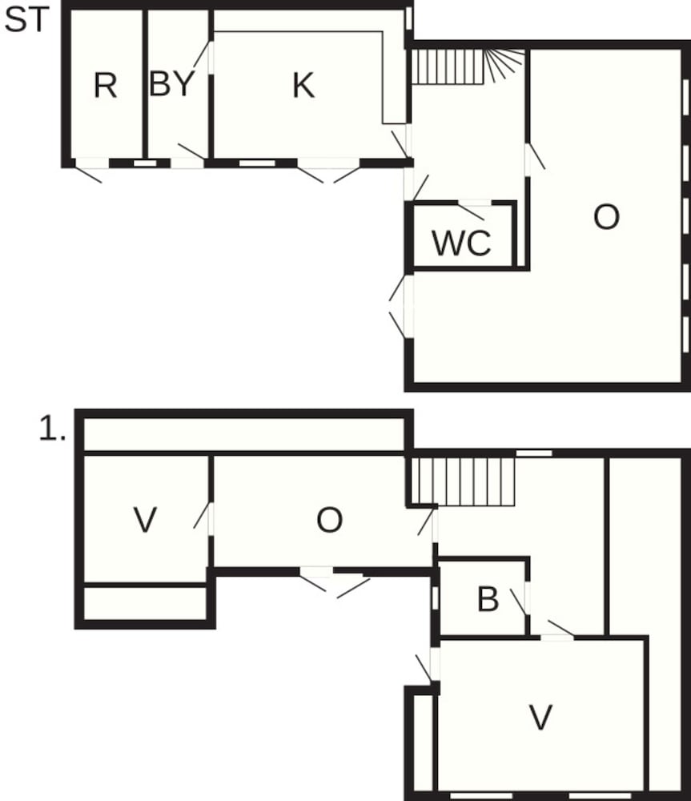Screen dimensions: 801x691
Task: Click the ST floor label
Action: tap(26, 21)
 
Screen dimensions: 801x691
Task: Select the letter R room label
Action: tap(105, 85)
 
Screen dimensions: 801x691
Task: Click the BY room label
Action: tap(172, 84)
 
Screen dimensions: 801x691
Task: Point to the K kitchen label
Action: tap(303, 85)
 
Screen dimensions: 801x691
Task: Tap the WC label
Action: tap(461, 243)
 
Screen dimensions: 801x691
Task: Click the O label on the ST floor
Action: tap(606, 217)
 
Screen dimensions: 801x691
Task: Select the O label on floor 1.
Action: tap(329, 521)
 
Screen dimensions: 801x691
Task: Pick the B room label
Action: tap(487, 600)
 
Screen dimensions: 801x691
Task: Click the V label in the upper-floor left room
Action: tap(144, 521)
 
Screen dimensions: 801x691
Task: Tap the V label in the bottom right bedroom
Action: tap(541, 717)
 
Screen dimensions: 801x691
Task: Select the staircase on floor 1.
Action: tap(462, 481)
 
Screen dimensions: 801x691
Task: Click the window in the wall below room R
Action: tap(145, 163)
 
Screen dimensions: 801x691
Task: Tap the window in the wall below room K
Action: tap(257, 163)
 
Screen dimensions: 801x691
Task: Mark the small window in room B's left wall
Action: tap(435, 598)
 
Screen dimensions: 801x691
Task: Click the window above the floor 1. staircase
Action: tap(533, 453)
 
